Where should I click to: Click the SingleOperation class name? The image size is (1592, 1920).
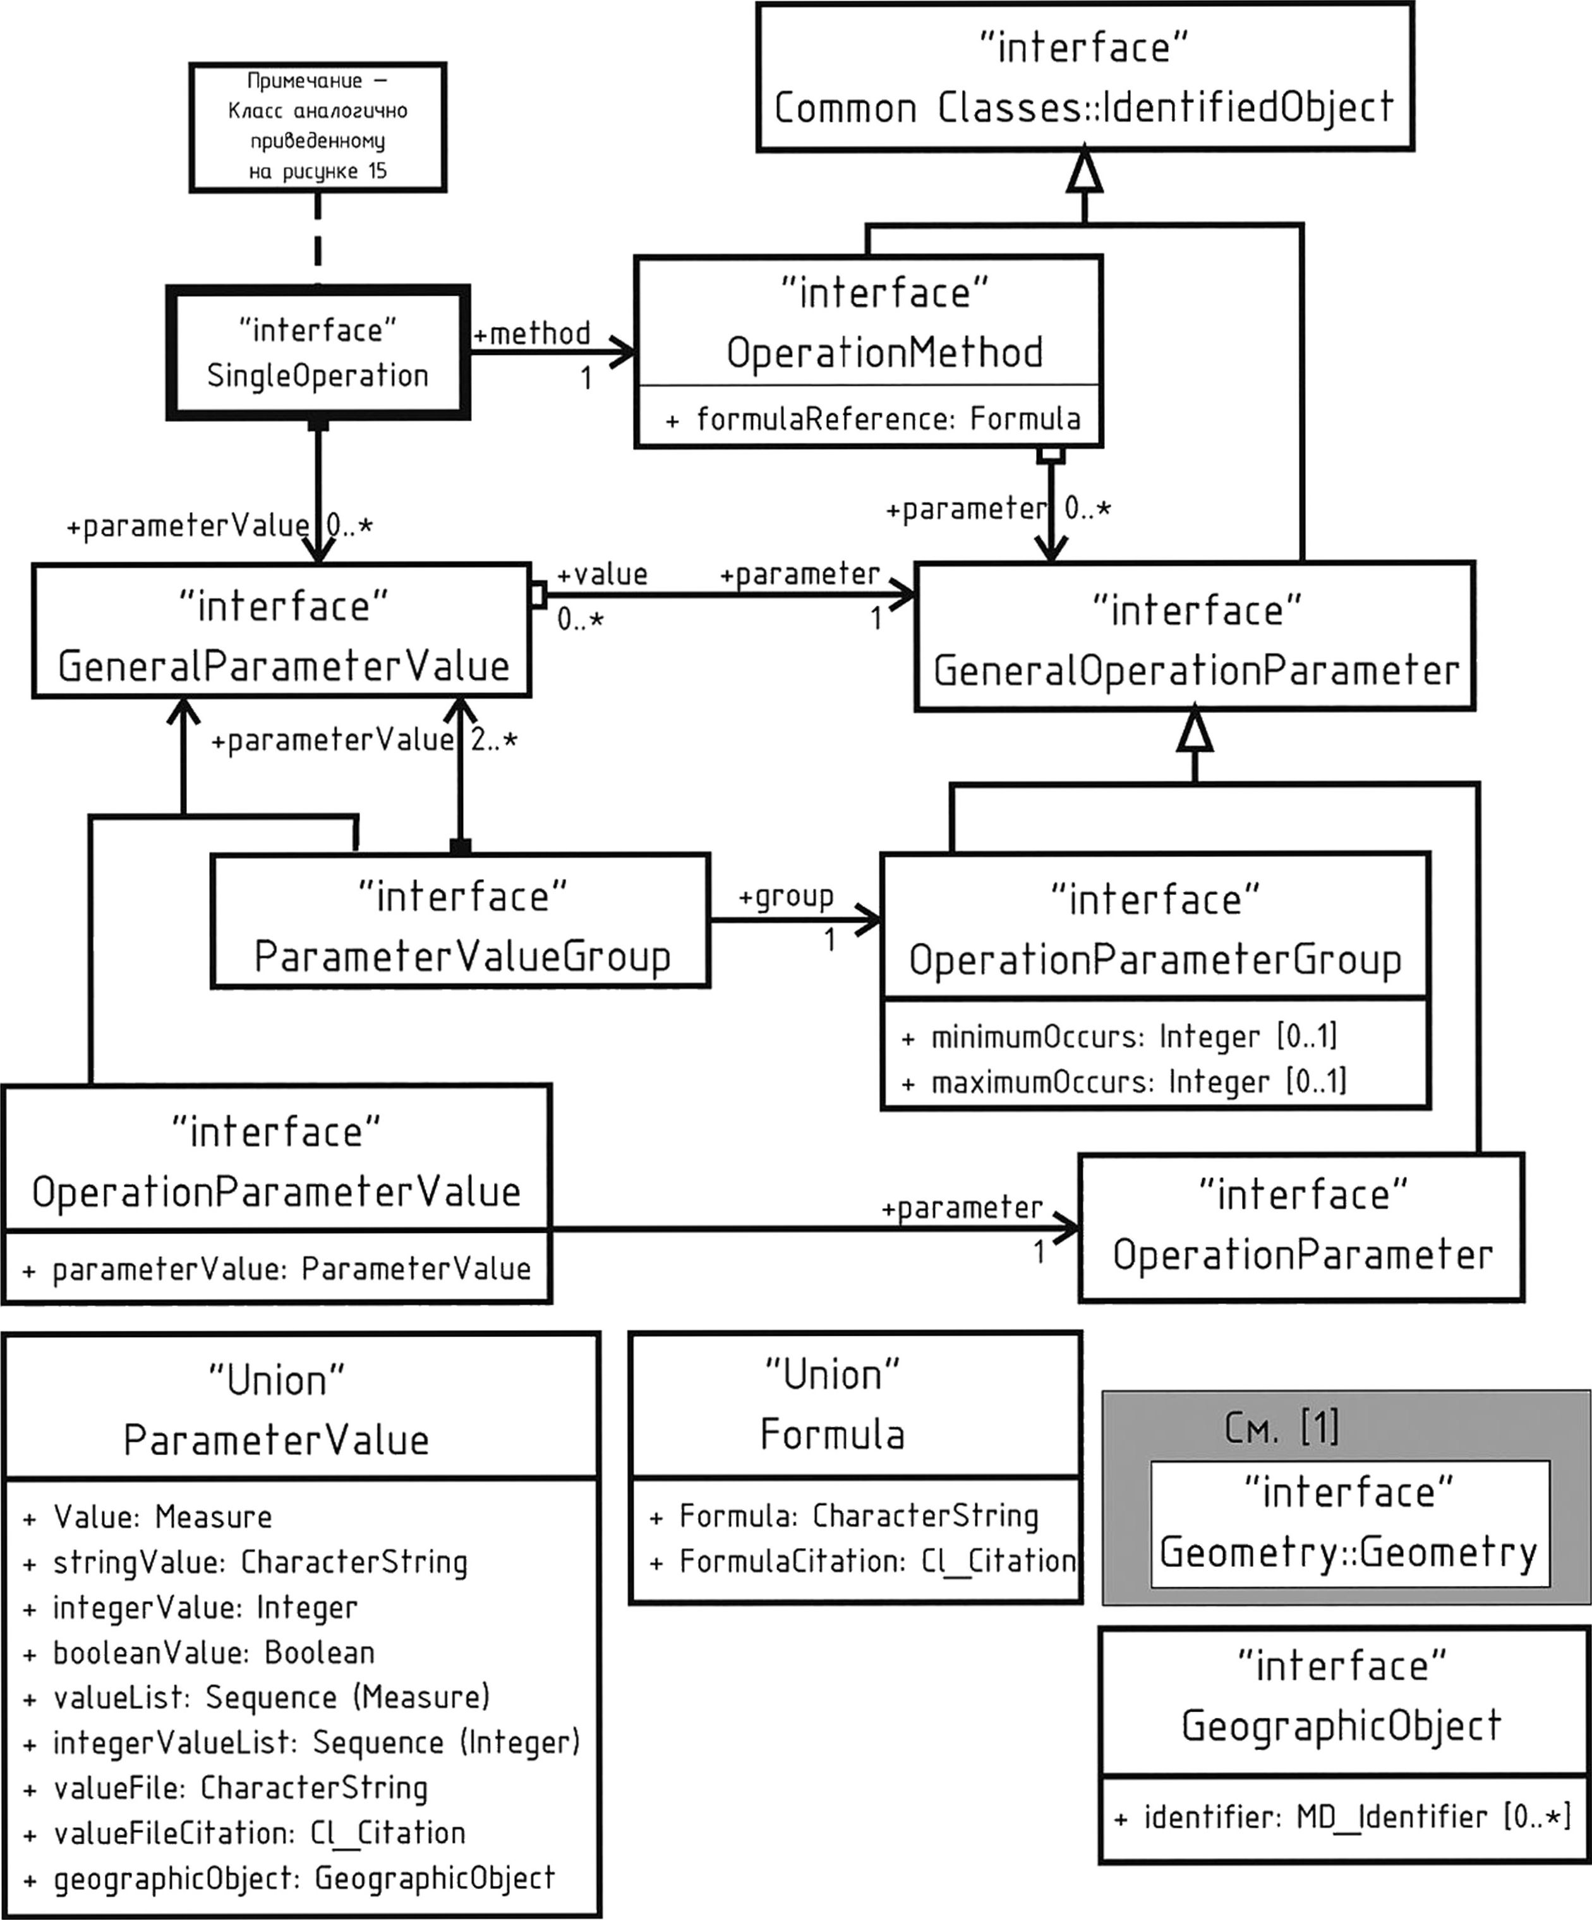[317, 376]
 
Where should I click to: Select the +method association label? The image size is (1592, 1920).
[531, 333]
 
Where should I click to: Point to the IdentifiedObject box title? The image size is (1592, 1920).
[1085, 108]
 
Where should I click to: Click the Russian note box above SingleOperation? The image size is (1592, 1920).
[317, 127]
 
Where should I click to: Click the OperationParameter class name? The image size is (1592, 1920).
[1302, 1254]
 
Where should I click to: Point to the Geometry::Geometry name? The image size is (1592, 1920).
[1349, 1552]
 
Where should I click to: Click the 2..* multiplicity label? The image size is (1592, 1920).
[495, 741]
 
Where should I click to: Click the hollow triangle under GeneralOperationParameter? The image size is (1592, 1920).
[1195, 731]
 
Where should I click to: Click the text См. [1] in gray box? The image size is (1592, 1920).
[1282, 1426]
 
